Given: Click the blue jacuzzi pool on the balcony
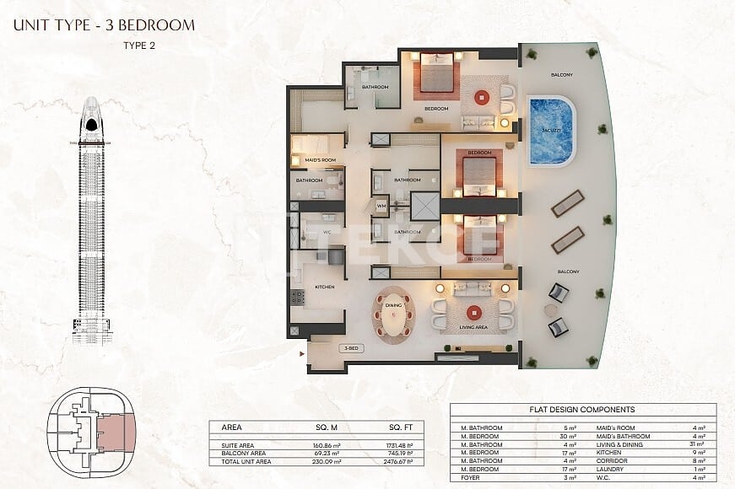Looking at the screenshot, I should pyautogui.click(x=551, y=131).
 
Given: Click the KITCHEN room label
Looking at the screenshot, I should pyautogui.click(x=325, y=287).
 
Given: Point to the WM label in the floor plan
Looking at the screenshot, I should pyautogui.click(x=381, y=206).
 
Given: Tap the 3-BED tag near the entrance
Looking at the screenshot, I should pyautogui.click(x=349, y=347).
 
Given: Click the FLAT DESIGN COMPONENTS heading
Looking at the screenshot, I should pyautogui.click(x=583, y=410).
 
